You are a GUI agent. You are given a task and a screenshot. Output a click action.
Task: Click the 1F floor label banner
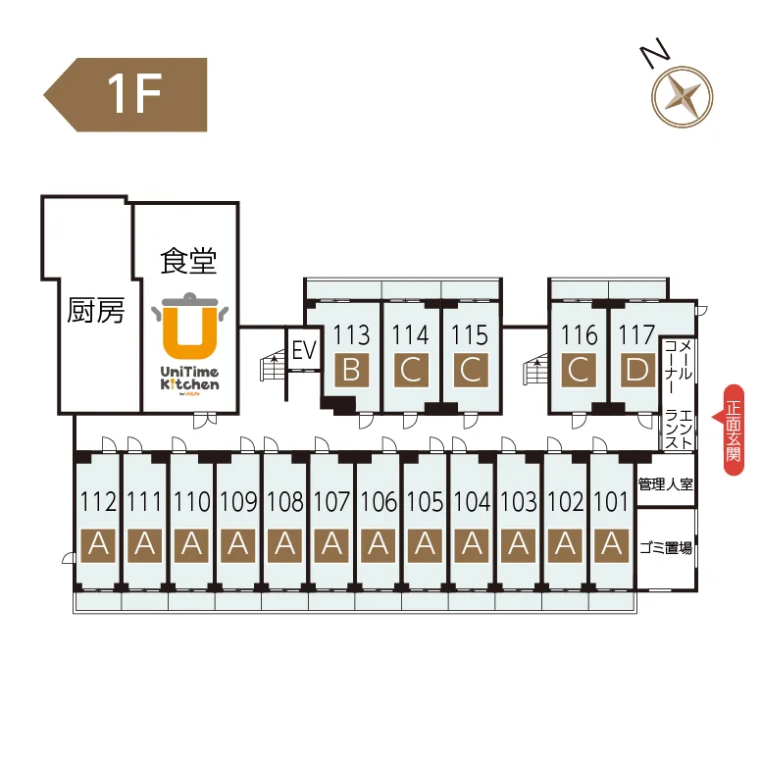click(x=126, y=95)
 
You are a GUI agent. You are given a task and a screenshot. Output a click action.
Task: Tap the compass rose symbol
click(x=682, y=96)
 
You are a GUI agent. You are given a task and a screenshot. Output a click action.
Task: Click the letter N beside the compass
click(x=655, y=51)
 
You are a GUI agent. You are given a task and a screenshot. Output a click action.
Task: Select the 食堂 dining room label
click(x=188, y=261)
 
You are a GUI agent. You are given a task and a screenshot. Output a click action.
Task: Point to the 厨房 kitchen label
click(x=96, y=310)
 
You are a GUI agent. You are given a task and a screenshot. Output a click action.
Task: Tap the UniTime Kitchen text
click(x=189, y=379)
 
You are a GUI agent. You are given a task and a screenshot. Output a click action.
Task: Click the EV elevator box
click(x=304, y=349)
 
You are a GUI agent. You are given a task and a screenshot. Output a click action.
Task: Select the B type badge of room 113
click(x=351, y=371)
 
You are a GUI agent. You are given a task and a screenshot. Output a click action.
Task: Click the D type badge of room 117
click(x=637, y=371)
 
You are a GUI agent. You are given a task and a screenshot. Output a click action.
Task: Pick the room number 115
click(x=470, y=334)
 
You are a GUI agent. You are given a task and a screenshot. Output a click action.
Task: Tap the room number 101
click(x=612, y=501)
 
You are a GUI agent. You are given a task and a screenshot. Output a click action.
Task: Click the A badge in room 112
click(x=98, y=545)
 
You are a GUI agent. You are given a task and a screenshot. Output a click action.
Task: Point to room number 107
click(x=331, y=501)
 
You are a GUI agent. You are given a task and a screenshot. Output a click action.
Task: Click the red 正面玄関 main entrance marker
click(x=733, y=430)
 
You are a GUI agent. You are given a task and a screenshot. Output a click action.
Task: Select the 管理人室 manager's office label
click(x=666, y=483)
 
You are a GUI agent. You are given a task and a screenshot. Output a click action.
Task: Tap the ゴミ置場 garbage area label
click(x=666, y=548)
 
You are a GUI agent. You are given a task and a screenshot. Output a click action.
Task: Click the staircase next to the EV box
click(x=273, y=366)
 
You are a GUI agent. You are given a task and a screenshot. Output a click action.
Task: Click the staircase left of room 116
click(x=535, y=369)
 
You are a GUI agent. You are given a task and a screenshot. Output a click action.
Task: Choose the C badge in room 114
click(x=411, y=371)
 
